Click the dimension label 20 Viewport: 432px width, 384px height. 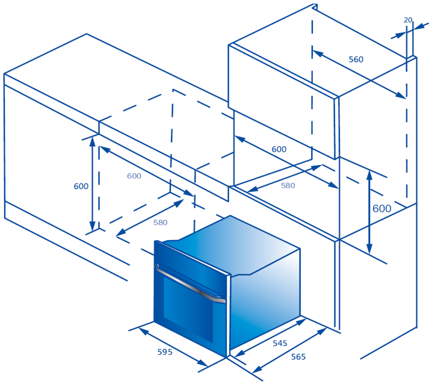coord(408,20)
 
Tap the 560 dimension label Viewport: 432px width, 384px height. coord(356,59)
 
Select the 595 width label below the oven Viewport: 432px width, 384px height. coord(165,351)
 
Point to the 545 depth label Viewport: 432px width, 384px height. coord(280,343)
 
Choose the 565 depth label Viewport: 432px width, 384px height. coord(298,357)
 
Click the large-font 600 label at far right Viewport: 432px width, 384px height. coord(382,208)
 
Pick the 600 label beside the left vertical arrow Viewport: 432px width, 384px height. coord(81,187)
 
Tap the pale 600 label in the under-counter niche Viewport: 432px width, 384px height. coord(134,176)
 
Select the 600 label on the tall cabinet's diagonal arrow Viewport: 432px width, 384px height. coord(279,149)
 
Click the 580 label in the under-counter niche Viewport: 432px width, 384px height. coord(161,222)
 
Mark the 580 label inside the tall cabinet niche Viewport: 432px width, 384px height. coord(288,185)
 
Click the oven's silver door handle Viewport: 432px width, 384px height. coord(190,284)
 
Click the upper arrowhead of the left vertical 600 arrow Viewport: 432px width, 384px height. coord(93,141)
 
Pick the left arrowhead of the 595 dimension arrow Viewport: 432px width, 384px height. coord(142,331)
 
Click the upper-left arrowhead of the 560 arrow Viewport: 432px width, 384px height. coord(318,54)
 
